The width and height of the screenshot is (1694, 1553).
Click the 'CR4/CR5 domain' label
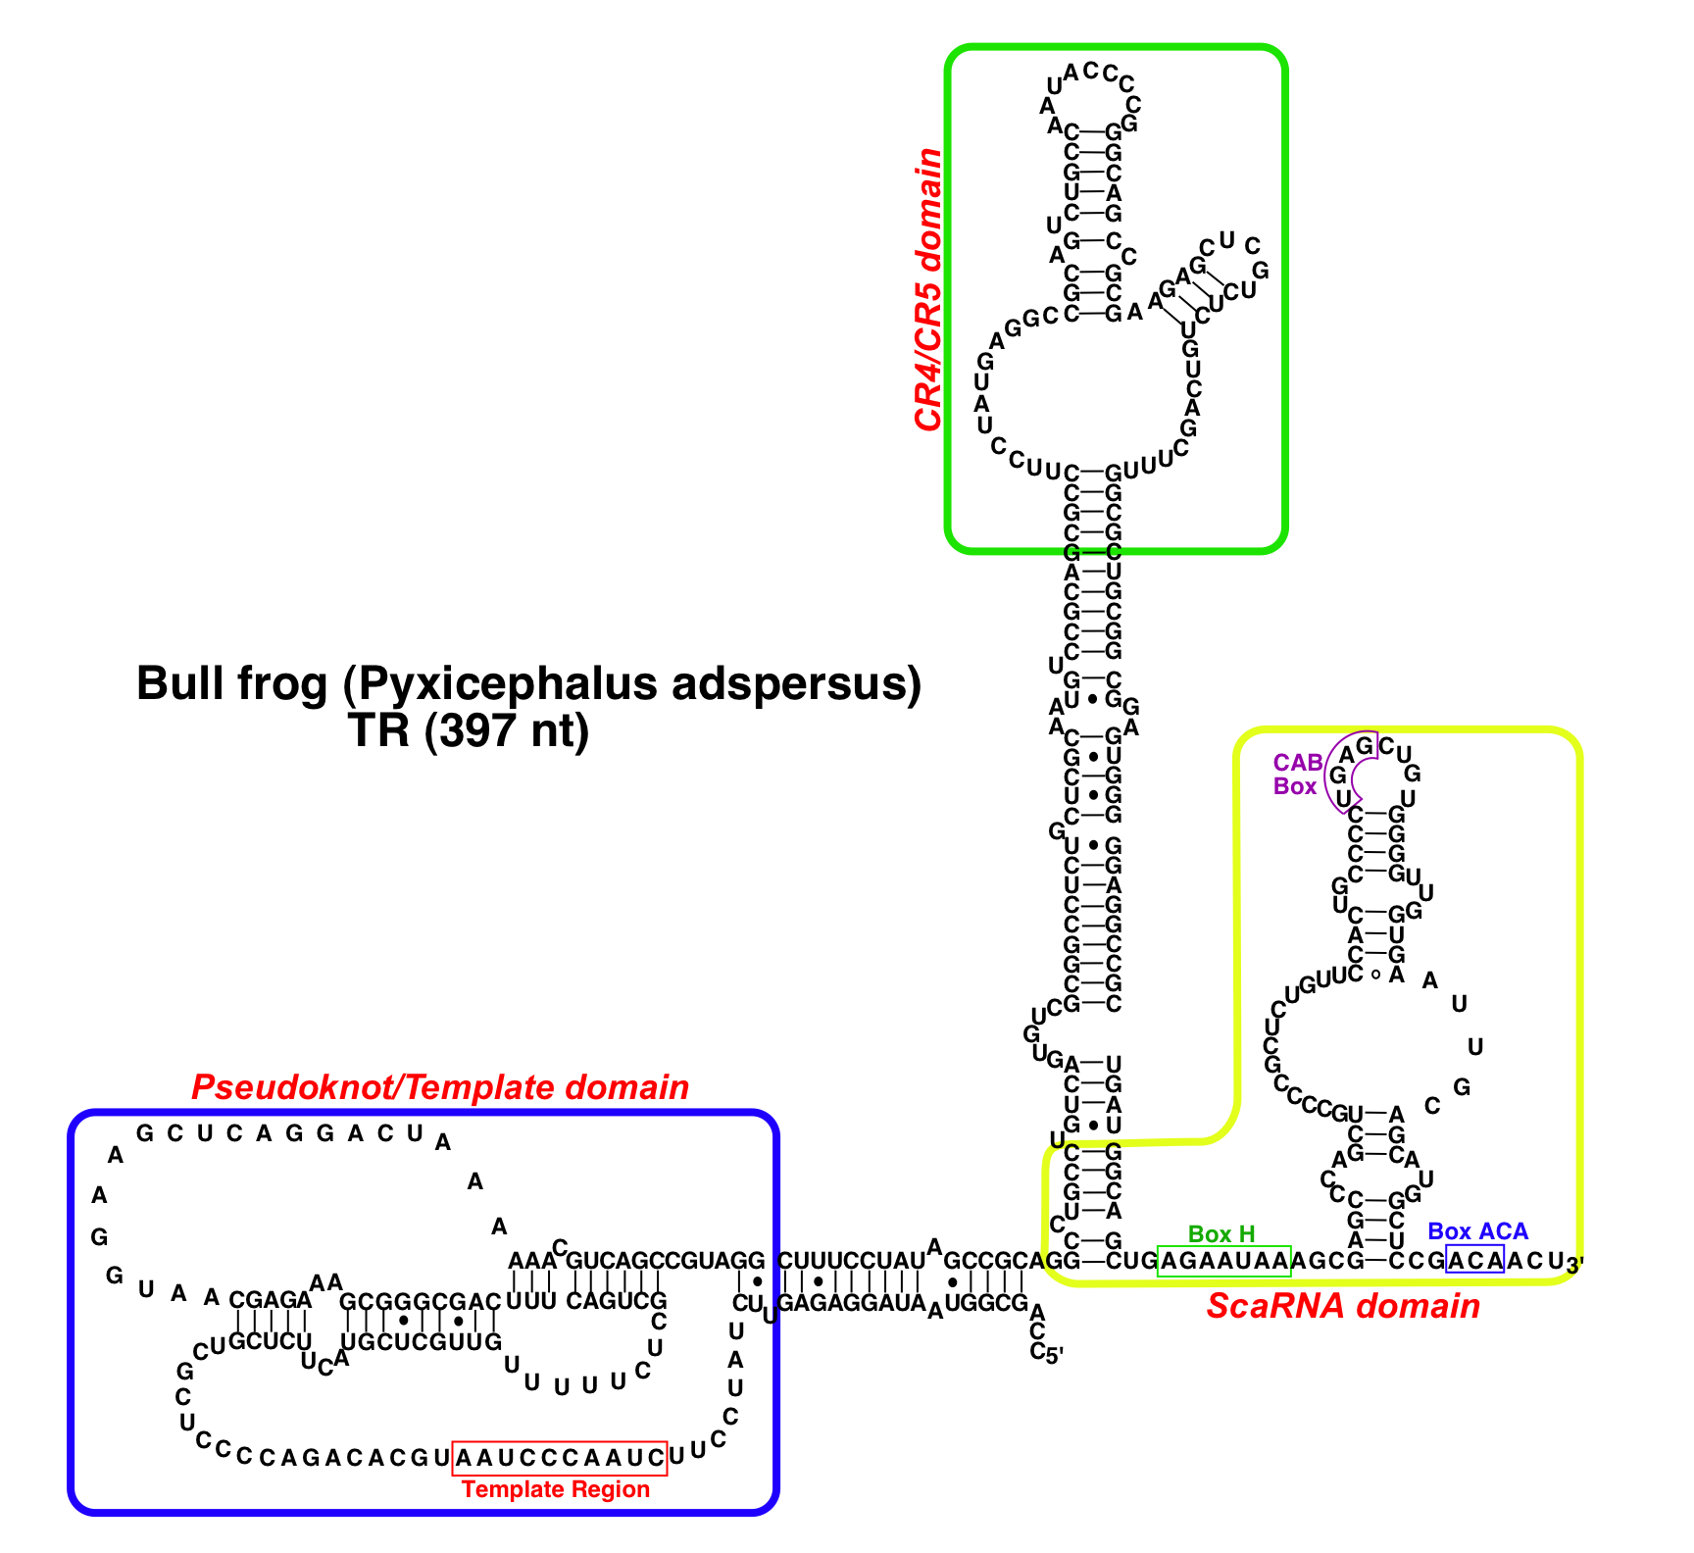[x=927, y=290]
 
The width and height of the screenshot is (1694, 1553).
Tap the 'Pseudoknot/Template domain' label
[x=440, y=1087]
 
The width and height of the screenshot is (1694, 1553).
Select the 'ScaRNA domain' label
[x=1343, y=1306]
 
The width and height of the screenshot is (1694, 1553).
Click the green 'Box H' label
[x=1221, y=1233]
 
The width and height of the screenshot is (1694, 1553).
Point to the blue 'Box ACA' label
[x=1477, y=1231]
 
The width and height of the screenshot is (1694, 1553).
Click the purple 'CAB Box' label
[x=1296, y=775]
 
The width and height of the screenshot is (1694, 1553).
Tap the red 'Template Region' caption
[x=556, y=1489]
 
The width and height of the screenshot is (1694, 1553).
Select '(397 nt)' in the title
[x=507, y=730]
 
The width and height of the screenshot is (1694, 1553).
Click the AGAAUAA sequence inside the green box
[x=1224, y=1261]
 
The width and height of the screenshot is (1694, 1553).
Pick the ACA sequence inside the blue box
[x=1475, y=1260]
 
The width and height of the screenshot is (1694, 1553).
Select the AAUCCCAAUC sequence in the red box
[x=560, y=1458]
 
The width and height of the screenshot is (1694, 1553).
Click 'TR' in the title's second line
[x=379, y=730]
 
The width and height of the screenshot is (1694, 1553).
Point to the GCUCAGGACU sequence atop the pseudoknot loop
[x=279, y=1134]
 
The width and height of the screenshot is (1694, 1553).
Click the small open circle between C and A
[x=1375, y=975]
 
